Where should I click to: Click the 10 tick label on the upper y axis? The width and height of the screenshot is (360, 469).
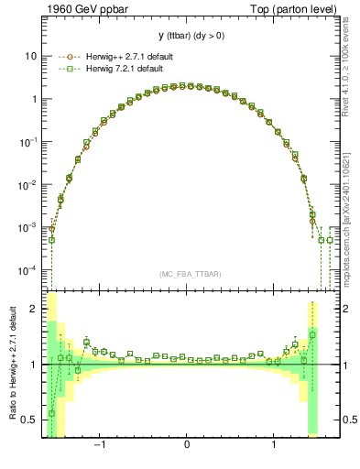(x=31, y=56)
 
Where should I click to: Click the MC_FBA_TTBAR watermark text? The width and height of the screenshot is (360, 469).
(x=187, y=274)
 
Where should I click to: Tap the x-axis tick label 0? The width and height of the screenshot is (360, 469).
(x=187, y=446)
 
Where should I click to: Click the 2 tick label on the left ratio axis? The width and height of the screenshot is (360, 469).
(x=34, y=309)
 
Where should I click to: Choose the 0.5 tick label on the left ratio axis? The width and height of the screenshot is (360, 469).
(x=30, y=420)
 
